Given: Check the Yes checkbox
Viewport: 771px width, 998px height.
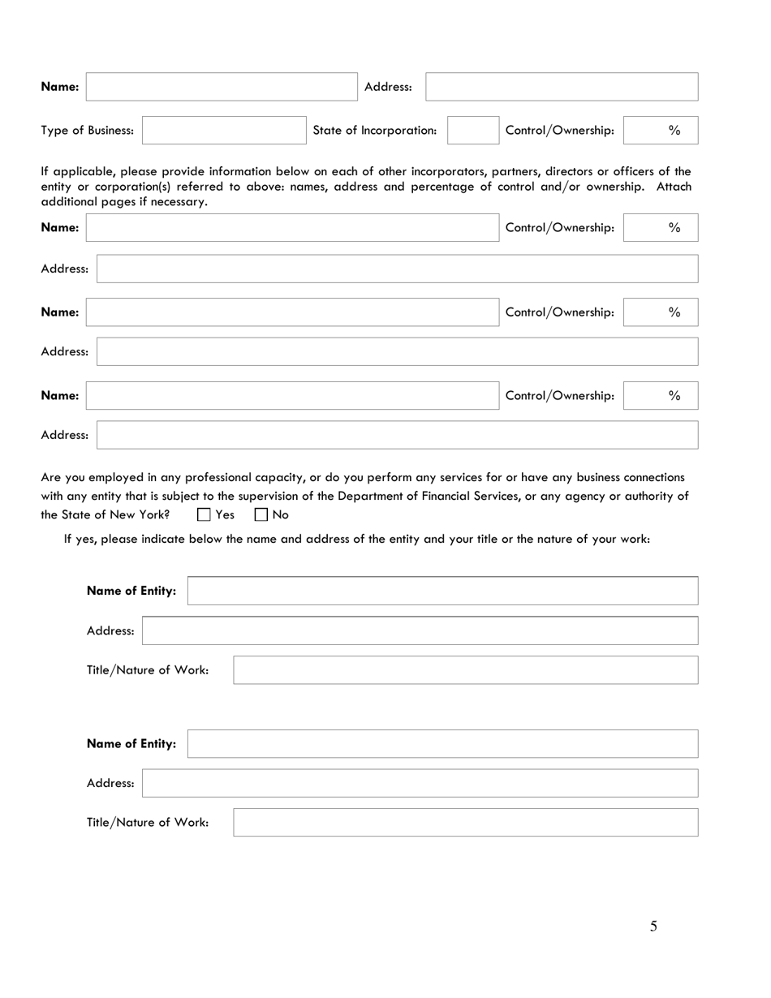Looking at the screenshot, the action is coord(205,514).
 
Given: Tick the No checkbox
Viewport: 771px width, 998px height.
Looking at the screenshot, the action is coord(261,514).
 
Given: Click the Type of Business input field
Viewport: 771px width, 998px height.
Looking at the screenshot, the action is coord(224,130).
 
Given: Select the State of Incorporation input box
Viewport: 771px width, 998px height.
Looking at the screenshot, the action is coord(472,130).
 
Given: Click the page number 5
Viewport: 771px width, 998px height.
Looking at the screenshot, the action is coord(653,927).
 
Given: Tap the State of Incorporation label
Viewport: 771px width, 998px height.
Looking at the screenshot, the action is coord(374,130).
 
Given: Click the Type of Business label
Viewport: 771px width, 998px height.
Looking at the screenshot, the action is coord(88,130).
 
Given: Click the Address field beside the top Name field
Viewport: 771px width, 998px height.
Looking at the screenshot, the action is coord(562,87).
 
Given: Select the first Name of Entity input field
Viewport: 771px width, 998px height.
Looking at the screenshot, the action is coord(442,591).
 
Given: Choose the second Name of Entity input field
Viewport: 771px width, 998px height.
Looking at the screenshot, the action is coord(442,743).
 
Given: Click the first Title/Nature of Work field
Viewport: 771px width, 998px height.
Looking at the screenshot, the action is coord(465,670).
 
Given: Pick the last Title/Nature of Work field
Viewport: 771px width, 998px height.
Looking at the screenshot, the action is coord(465,822).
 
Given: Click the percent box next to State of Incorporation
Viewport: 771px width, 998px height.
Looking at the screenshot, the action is coord(661,130).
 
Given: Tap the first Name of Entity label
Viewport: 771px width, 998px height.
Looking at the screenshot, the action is coord(131,591).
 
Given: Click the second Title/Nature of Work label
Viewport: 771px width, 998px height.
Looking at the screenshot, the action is coord(148,822).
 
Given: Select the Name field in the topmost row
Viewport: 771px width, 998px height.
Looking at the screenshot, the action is coord(221,87).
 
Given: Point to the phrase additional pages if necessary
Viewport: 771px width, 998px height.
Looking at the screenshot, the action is coord(124,201).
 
